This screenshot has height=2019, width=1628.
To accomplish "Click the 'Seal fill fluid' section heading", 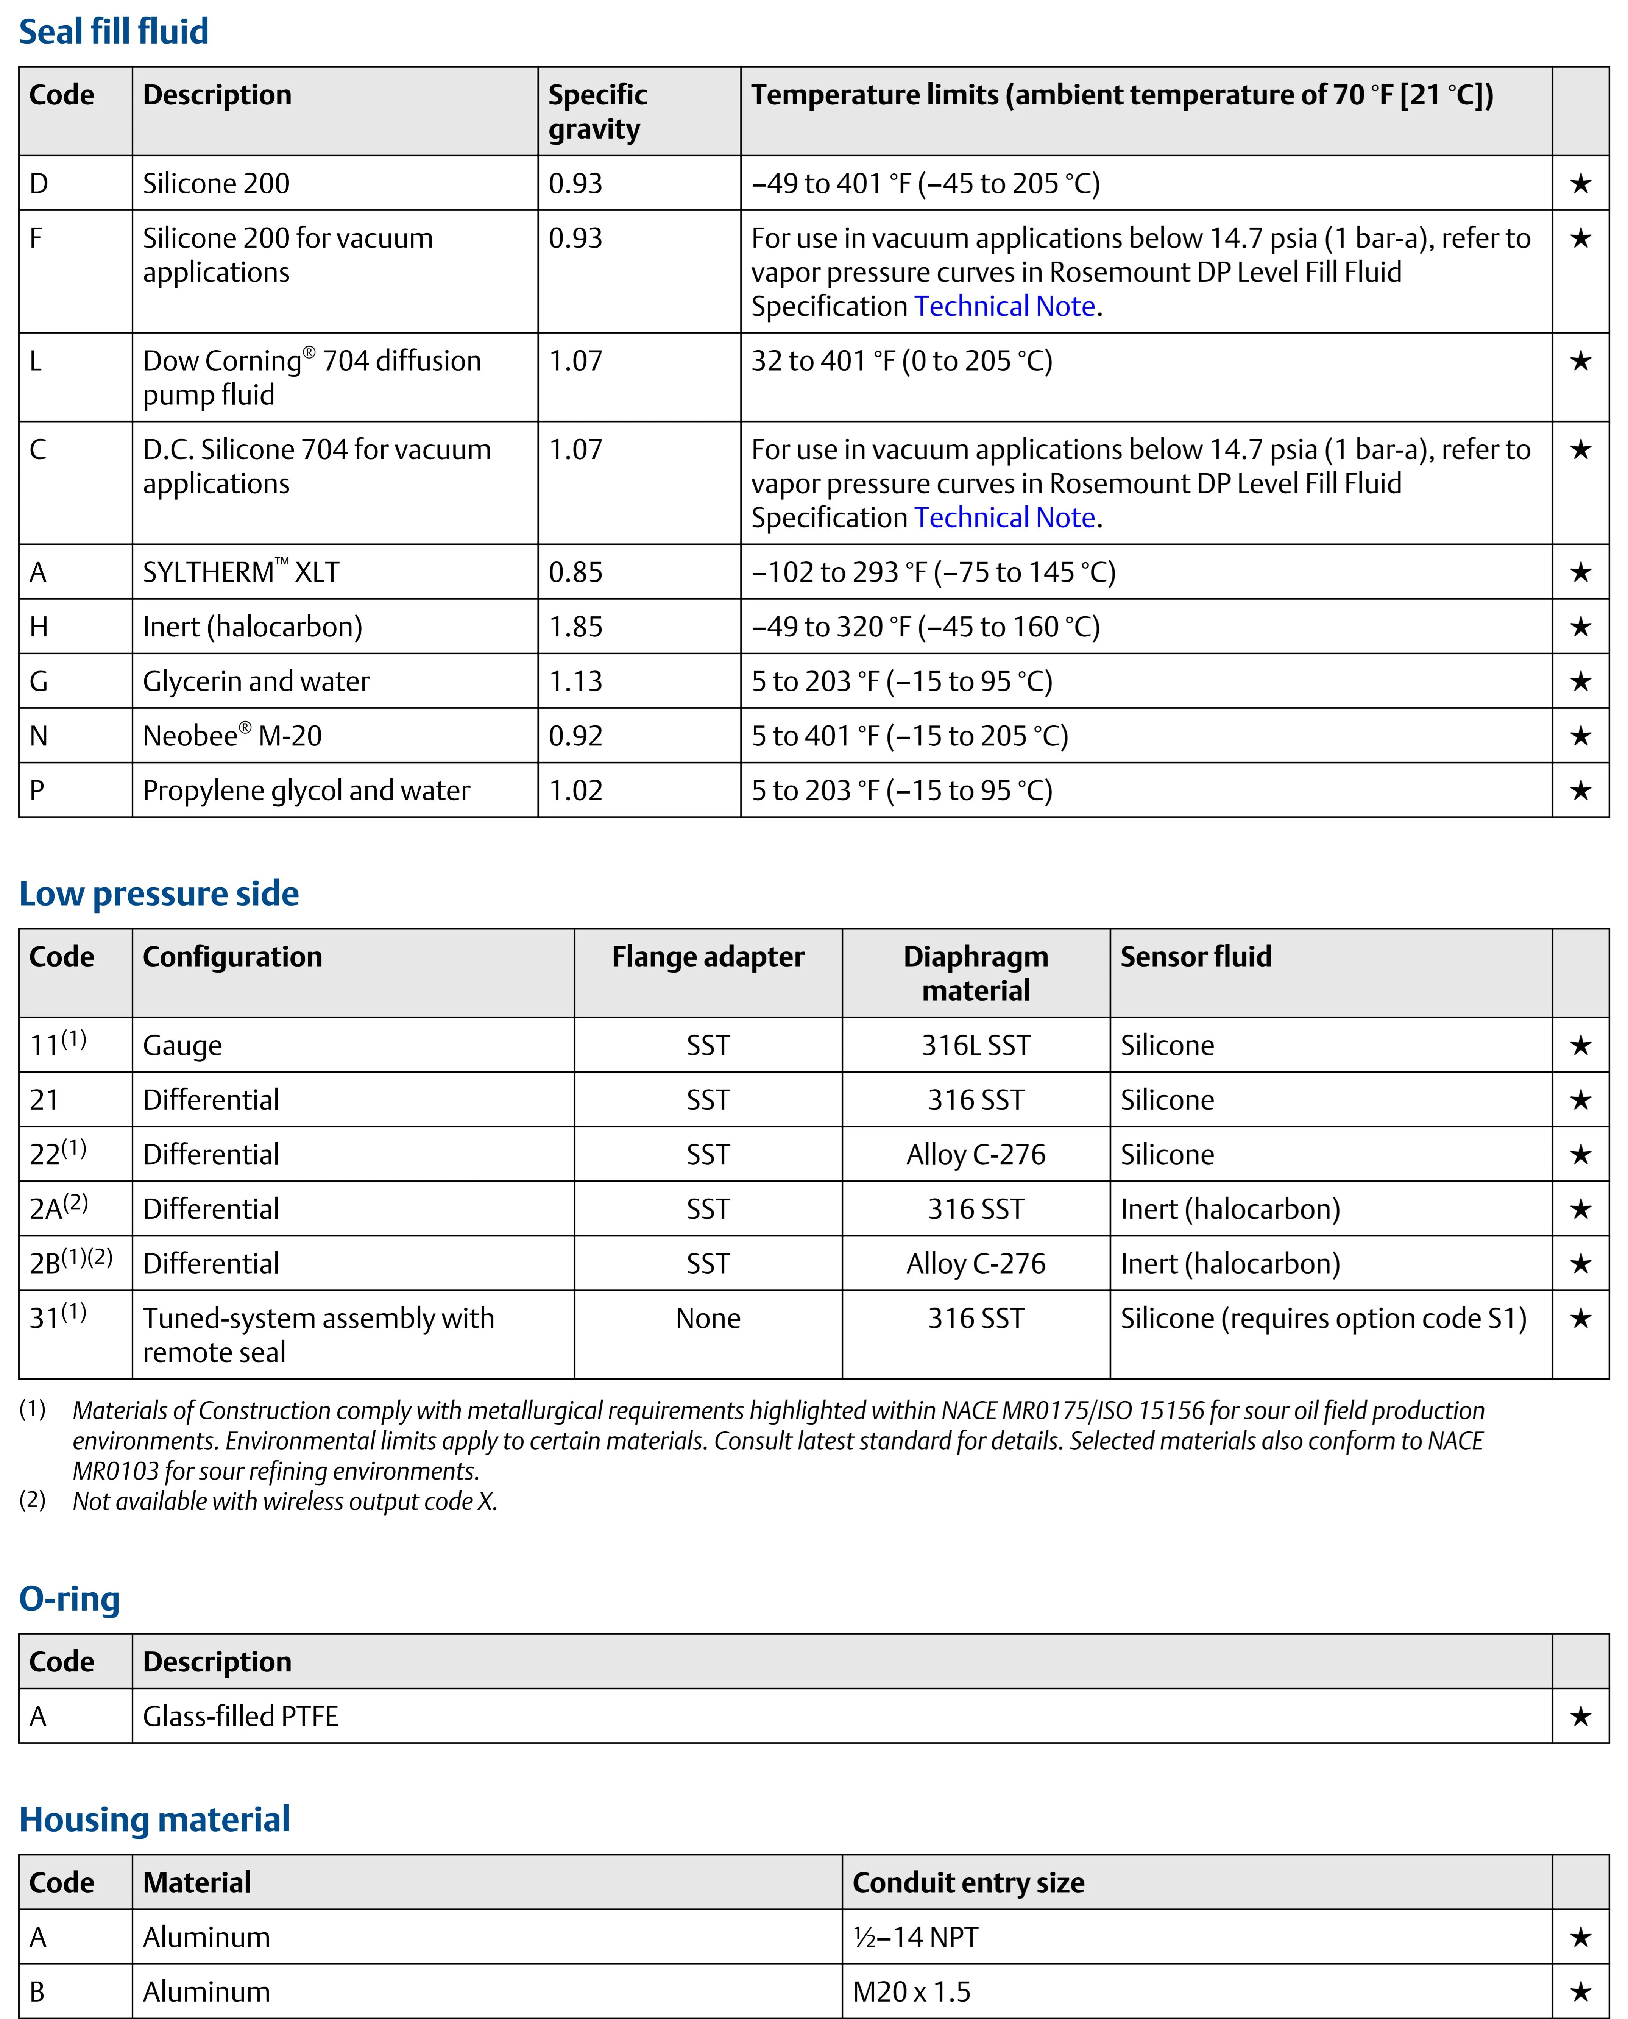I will (114, 32).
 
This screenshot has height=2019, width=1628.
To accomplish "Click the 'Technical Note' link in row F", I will (1004, 307).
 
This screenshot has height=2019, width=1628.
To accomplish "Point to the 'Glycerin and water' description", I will (256, 681).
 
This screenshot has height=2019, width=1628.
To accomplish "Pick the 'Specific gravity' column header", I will (597, 112).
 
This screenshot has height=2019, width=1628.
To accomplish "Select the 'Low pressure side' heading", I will (159, 894).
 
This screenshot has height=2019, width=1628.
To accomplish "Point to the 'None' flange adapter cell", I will (708, 1319).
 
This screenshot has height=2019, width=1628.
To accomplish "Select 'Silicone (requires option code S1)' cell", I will (1323, 1319).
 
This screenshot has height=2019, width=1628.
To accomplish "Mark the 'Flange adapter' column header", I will (708, 957).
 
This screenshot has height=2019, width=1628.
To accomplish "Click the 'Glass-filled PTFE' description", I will (240, 1716).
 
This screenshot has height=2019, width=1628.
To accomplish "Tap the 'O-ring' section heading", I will (69, 1599).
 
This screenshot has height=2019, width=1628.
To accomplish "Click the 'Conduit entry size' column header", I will (968, 1882).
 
